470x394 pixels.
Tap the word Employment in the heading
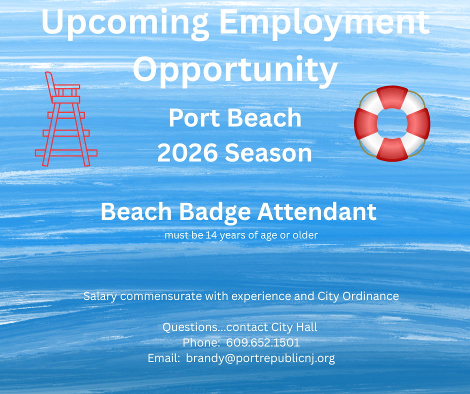coord(324,23)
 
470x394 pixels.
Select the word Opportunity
coord(235,70)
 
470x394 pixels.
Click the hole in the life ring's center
coord(392,123)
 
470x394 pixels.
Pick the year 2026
coord(187,153)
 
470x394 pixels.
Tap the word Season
coord(268,153)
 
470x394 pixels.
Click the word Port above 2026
coord(194,118)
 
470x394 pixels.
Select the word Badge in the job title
coord(214,212)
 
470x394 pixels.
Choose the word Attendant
coord(317,211)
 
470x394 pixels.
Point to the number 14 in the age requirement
coord(211,235)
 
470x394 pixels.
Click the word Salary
coord(100,296)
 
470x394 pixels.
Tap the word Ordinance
coord(370,296)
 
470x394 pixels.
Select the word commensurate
coord(161,296)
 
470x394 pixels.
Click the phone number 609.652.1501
coord(263,342)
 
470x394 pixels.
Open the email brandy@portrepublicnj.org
coord(260,358)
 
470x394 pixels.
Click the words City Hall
coord(294,327)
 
